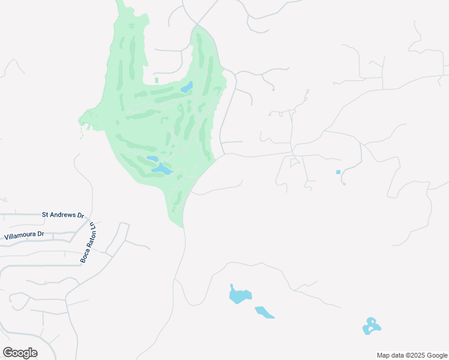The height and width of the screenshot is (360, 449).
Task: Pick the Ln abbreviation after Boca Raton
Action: (x=93, y=228)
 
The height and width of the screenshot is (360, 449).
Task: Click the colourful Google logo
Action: (x=20, y=353)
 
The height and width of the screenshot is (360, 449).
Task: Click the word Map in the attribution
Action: (x=384, y=355)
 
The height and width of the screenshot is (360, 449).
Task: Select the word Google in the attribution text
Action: (x=434, y=355)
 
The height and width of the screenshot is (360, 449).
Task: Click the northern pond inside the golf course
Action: (x=187, y=88)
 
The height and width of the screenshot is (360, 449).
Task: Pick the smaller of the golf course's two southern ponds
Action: (x=152, y=159)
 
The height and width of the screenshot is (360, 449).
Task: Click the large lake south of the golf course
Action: (x=240, y=295)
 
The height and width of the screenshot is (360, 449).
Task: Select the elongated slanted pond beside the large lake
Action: (x=264, y=313)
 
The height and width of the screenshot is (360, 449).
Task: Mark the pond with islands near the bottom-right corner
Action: (x=372, y=326)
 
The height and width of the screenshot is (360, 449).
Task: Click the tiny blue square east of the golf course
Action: (x=339, y=172)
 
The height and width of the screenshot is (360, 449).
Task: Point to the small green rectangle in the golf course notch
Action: (x=157, y=80)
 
